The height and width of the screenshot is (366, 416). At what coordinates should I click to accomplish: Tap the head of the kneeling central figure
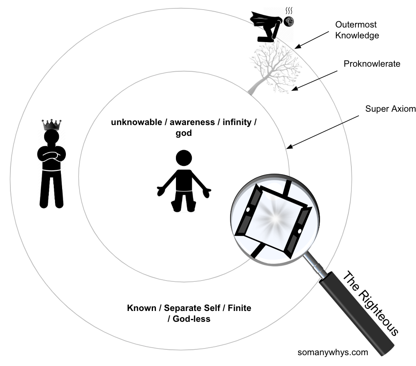pyautogui.click(x=183, y=158)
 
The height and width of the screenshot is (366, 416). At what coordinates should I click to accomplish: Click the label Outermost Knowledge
pyautogui.click(x=357, y=30)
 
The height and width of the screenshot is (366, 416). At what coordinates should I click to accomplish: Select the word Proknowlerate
pyautogui.click(x=372, y=64)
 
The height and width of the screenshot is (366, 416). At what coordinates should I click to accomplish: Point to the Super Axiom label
pyautogui.click(x=391, y=109)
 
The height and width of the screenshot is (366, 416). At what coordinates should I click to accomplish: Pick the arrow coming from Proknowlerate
pyautogui.click(x=315, y=79)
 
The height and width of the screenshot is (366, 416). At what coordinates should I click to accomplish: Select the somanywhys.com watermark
pyautogui.click(x=333, y=352)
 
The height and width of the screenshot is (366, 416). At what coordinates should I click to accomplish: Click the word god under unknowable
pyautogui.click(x=183, y=133)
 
